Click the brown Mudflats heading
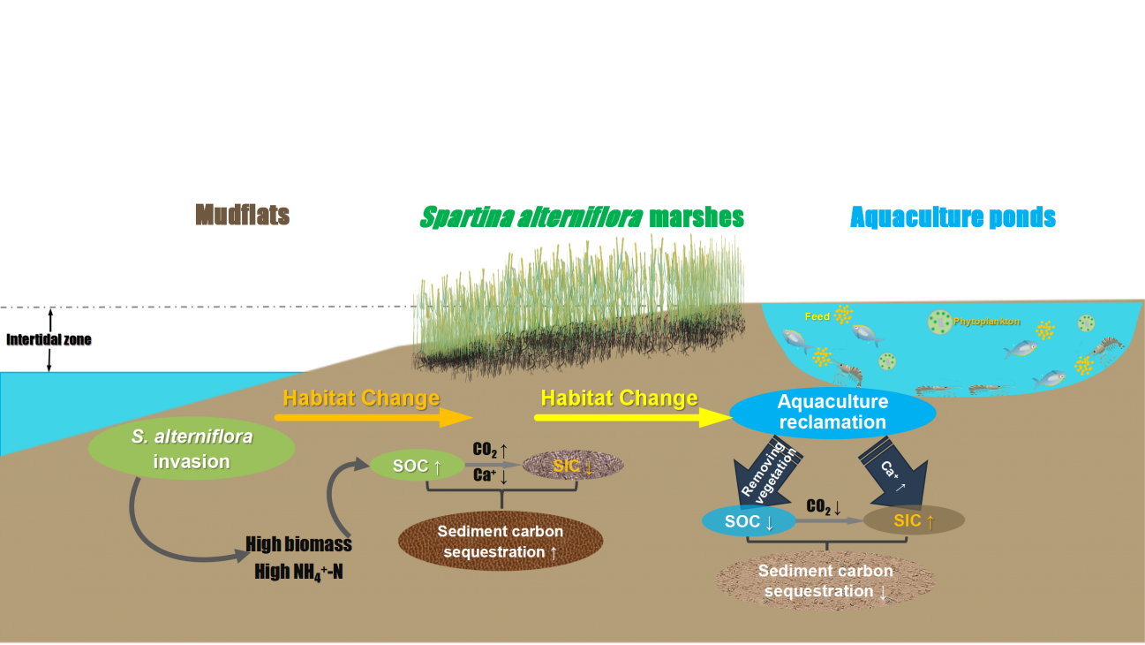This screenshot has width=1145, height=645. [x=242, y=215]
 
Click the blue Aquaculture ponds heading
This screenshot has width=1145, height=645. [x=953, y=216]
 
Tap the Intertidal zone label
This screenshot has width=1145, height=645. [x=49, y=339]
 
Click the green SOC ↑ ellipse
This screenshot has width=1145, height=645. [x=417, y=466]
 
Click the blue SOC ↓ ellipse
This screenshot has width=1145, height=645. [x=748, y=522]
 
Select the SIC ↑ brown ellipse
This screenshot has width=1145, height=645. [x=913, y=521]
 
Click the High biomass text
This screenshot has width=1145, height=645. [x=298, y=544]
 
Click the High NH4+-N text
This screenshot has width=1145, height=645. [x=298, y=572]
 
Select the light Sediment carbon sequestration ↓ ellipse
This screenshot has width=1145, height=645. [x=826, y=580]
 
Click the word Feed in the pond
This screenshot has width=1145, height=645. [x=816, y=315]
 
